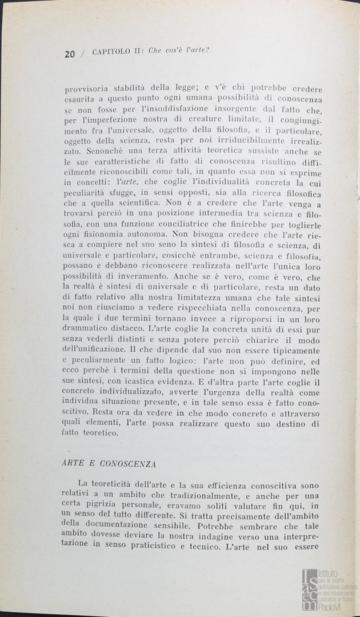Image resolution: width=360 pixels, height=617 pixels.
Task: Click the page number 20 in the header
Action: click(70, 54)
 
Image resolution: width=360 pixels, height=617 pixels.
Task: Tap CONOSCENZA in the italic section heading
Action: click(131, 463)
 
